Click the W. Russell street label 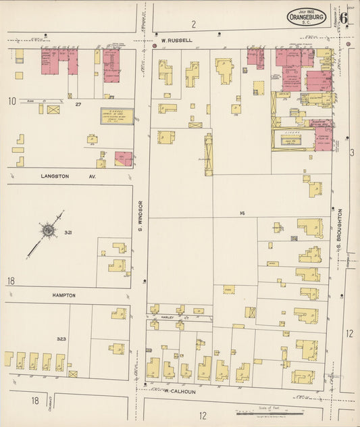point(177,41)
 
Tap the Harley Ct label point(167,316)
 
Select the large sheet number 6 point(344,18)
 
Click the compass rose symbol point(48,231)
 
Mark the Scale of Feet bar point(270,411)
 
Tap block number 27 point(78,104)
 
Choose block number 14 point(241,214)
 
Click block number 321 point(68,232)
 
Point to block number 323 point(61,338)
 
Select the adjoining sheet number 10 point(12,101)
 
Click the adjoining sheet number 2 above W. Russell point(193,25)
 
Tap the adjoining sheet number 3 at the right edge point(352,153)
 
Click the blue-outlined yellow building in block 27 point(116,116)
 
